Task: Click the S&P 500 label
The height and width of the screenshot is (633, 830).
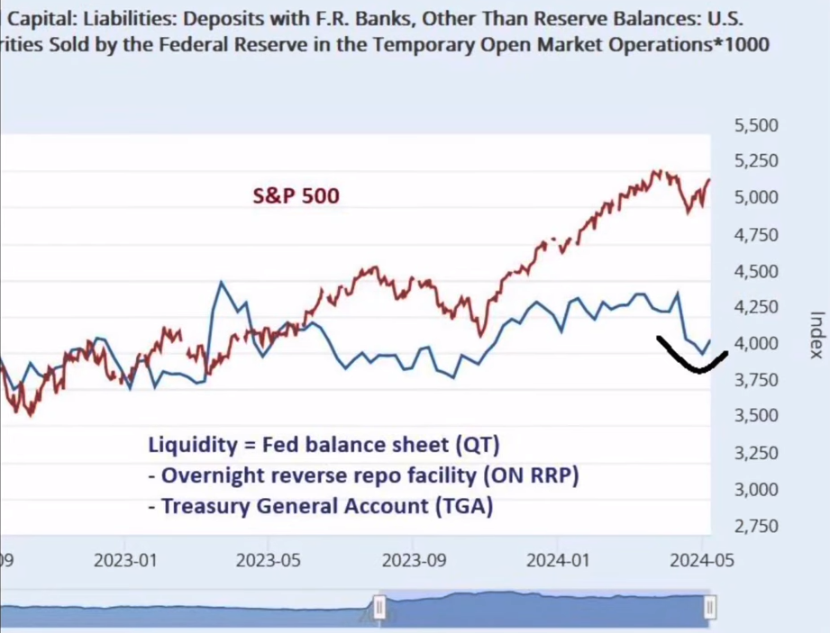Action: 296,194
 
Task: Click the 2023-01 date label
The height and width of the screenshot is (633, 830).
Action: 125,559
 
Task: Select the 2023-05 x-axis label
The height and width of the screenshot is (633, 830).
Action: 268,559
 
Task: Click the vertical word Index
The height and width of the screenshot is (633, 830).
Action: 816,335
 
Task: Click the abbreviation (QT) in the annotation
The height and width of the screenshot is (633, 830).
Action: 481,445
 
